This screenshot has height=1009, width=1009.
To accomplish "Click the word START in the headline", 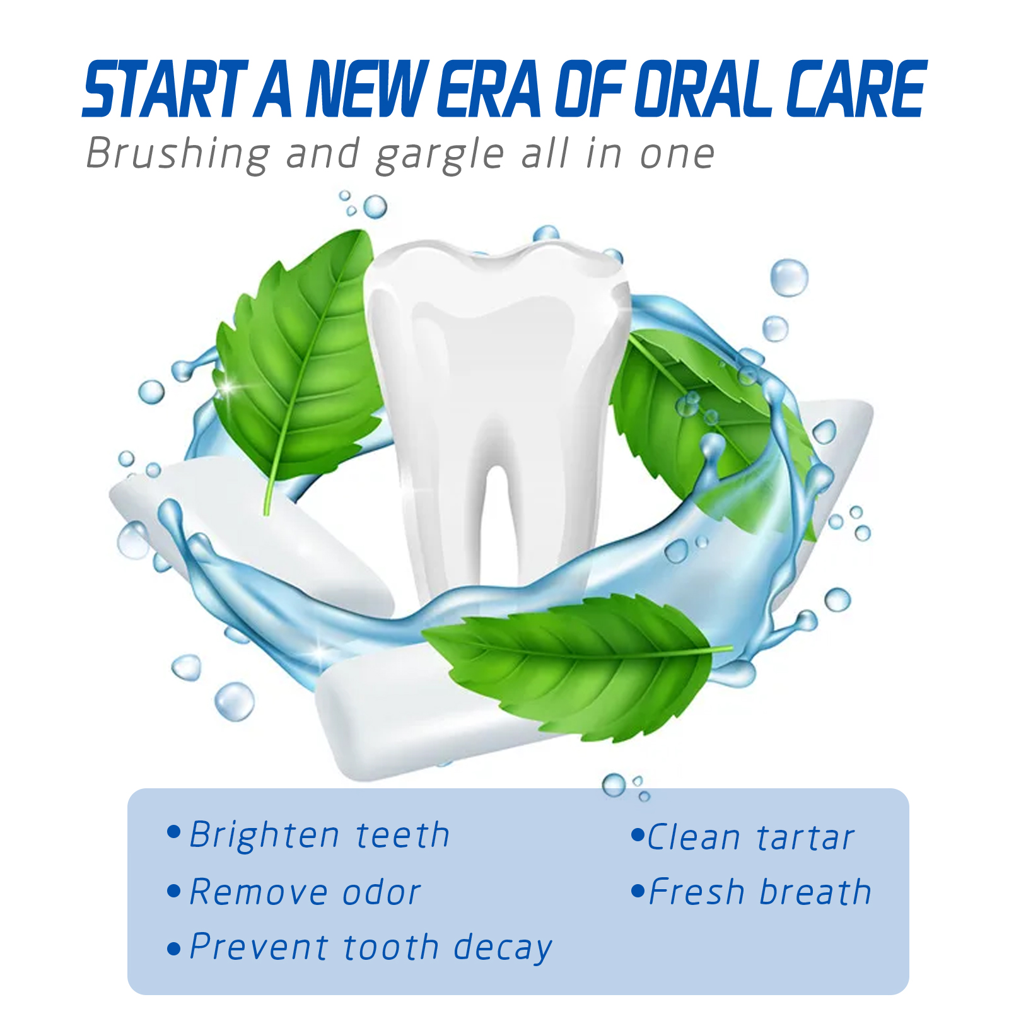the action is pos(165,89).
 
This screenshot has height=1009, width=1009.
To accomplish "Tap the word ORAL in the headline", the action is pos(703,89).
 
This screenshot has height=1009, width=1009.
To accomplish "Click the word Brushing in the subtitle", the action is pos(178,155).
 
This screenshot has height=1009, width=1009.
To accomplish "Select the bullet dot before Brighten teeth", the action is pos(174,831).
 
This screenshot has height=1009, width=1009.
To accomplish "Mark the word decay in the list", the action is pos(503,948).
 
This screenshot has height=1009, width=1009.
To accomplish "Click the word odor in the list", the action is pos(382,892).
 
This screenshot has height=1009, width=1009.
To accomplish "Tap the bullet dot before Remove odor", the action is pos(174,892).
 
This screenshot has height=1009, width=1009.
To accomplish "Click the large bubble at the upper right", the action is pos(789,277).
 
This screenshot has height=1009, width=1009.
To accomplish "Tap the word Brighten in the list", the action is pos(265,835).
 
